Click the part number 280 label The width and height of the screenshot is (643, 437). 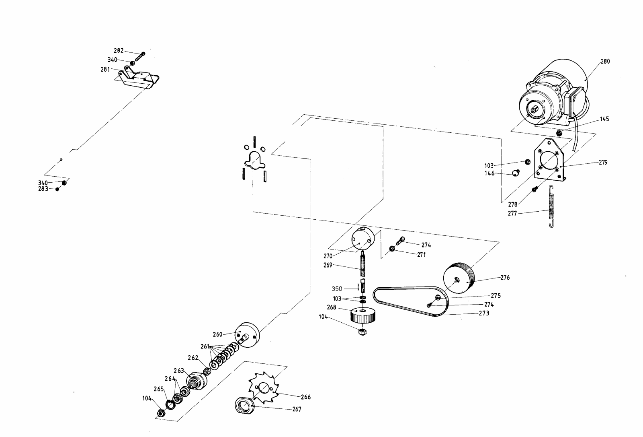(605, 62)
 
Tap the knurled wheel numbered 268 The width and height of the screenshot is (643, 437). (363, 315)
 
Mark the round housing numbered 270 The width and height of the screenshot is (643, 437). (363, 239)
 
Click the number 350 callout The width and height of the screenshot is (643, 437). (337, 289)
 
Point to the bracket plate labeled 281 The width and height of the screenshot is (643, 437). (137, 78)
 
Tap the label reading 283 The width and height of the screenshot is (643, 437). (43, 189)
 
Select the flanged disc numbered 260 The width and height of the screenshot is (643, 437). (247, 336)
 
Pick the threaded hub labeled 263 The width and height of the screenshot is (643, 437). (196, 381)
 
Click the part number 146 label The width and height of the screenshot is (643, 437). (489, 173)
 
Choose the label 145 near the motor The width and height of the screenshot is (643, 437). (604, 119)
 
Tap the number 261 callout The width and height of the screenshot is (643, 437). (205, 346)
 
